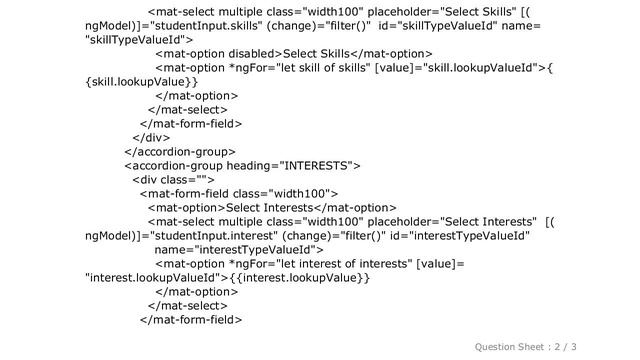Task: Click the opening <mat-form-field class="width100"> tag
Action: [237, 193]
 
